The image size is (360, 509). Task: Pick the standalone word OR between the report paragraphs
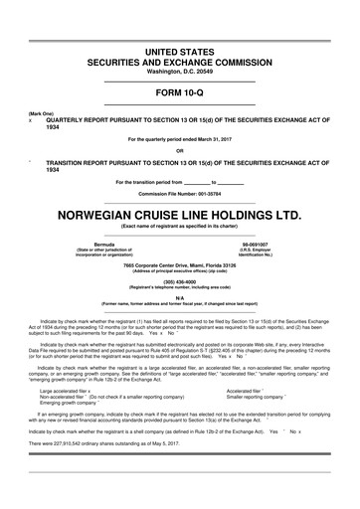coord(180,151)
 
